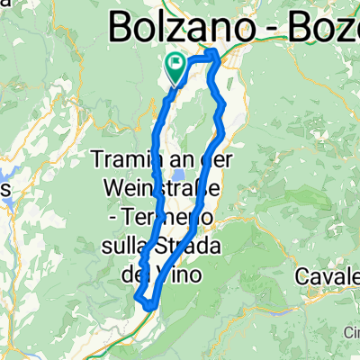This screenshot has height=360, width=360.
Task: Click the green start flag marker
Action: pyautogui.click(x=175, y=65)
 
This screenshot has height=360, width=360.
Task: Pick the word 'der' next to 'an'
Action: pyautogui.click(x=202, y=160)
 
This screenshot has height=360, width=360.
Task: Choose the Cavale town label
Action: pyautogui.click(x=329, y=253)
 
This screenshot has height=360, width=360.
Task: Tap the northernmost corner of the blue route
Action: pyautogui.click(x=214, y=54)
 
